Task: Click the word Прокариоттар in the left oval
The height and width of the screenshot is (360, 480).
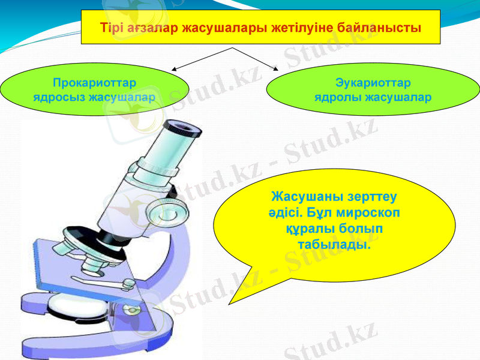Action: (x=94, y=82)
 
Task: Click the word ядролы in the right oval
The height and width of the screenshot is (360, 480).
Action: (x=337, y=96)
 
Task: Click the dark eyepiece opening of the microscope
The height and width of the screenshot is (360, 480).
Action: (x=181, y=127)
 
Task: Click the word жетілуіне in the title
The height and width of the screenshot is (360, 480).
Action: (x=299, y=28)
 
